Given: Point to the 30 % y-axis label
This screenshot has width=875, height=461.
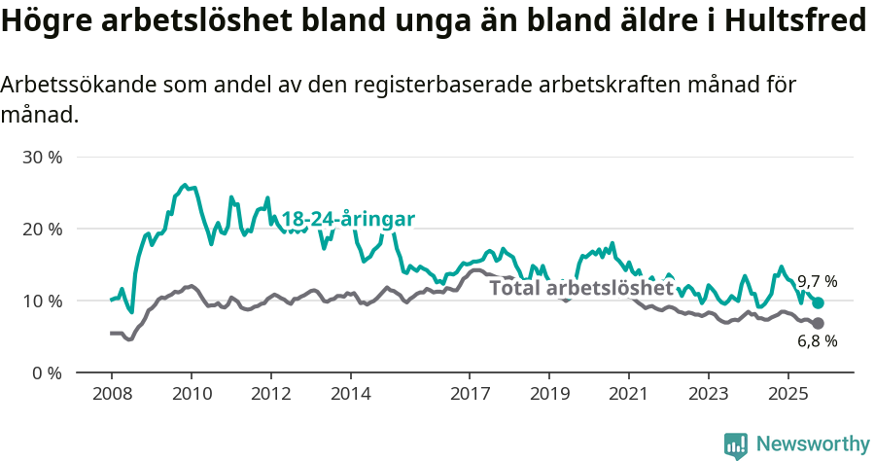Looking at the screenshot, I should [x=42, y=158].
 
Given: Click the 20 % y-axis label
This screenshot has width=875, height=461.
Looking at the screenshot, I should [x=42, y=230].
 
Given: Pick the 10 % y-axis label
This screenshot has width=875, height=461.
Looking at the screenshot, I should [x=42, y=301].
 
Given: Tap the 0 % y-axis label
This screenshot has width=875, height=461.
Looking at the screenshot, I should [x=47, y=373].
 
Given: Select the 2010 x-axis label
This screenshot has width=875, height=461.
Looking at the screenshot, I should [x=191, y=396].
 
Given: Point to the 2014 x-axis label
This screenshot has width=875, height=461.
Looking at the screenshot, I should [x=350, y=396].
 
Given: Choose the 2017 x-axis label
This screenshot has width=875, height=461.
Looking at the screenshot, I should [x=470, y=396].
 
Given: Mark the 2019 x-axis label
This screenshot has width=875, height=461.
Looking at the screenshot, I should [x=549, y=396].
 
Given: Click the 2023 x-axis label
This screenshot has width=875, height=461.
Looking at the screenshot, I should [x=708, y=396].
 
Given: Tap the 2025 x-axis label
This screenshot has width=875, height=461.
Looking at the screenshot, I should [x=787, y=396].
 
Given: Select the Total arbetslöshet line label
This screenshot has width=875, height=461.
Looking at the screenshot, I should [x=580, y=288].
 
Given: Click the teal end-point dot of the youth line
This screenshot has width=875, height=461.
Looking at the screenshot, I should [x=818, y=303].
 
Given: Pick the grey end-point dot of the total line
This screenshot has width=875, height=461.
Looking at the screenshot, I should [x=818, y=323].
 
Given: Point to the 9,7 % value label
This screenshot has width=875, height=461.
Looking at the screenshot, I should [x=818, y=282].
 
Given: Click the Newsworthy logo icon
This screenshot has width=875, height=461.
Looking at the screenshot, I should [x=736, y=444].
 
